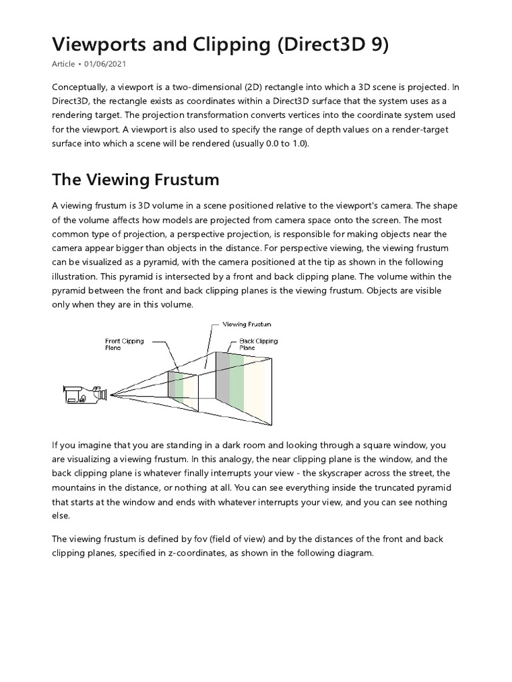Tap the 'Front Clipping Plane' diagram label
tap(125, 344)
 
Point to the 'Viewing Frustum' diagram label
tap(246, 324)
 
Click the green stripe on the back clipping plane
tap(236, 383)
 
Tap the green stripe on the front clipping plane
tap(179, 385)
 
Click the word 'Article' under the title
tap(63, 65)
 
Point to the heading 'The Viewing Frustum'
tap(135, 180)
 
